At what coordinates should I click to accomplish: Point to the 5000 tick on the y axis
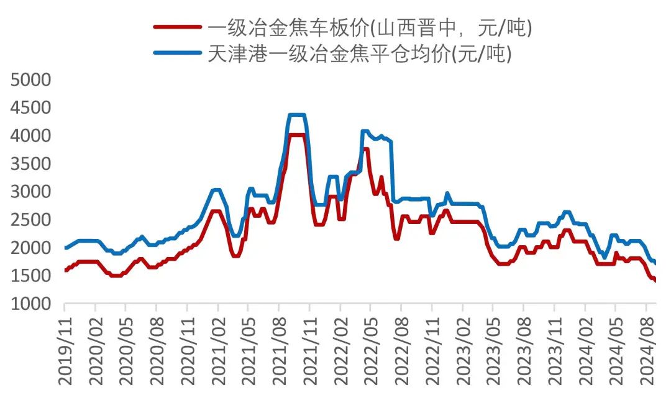tap(30, 80)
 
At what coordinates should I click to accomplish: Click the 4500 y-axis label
tap(30, 108)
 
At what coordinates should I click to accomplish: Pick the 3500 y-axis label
tap(30, 164)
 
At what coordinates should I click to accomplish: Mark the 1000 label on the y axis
tap(30, 304)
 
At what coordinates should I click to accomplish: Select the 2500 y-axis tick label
tap(30, 220)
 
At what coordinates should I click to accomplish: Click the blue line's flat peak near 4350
tap(297, 115)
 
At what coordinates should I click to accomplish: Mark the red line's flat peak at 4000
tap(297, 134)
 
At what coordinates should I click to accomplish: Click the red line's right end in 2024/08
tap(655, 281)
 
